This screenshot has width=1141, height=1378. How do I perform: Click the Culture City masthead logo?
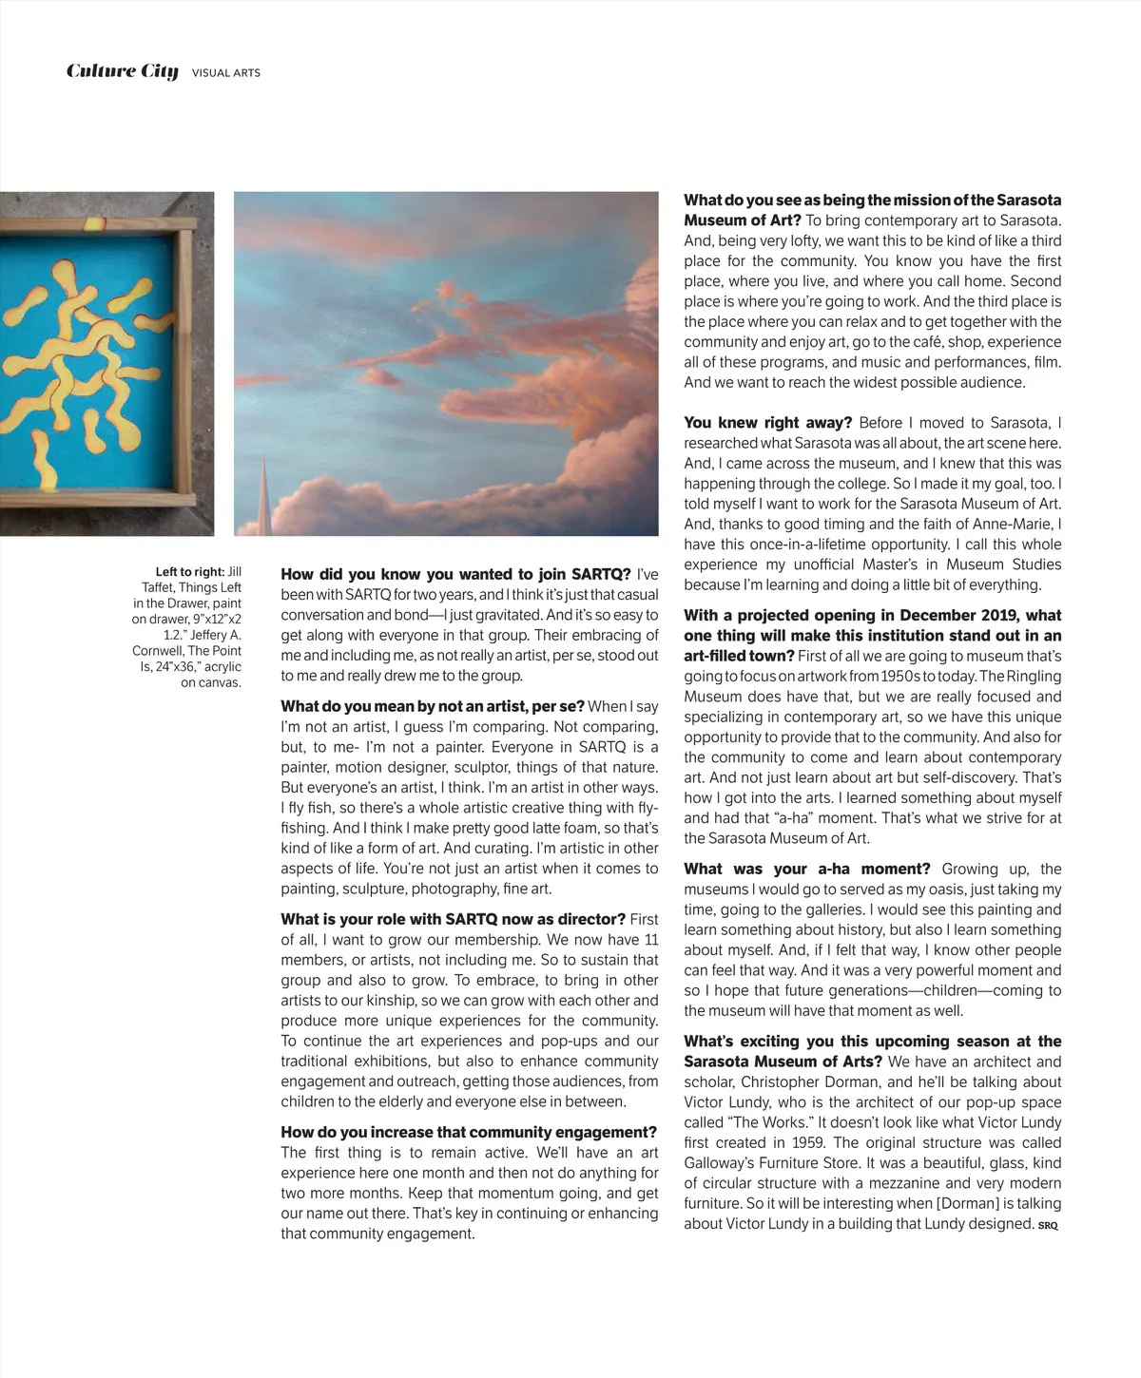click(x=122, y=71)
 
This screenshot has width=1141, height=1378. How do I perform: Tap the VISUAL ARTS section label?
click(x=226, y=73)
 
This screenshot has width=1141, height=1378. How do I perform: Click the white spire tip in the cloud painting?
click(x=262, y=463)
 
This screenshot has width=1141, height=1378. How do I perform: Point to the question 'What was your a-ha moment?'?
click(x=807, y=869)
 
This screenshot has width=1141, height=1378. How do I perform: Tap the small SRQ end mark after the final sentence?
click(x=1048, y=1225)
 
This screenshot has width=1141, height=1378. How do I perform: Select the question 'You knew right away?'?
click(x=767, y=423)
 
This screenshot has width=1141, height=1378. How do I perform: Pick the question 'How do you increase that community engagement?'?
click(x=469, y=1132)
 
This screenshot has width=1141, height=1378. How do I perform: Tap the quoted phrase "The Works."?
click(x=774, y=1122)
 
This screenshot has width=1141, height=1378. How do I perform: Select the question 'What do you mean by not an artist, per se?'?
click(x=433, y=706)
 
